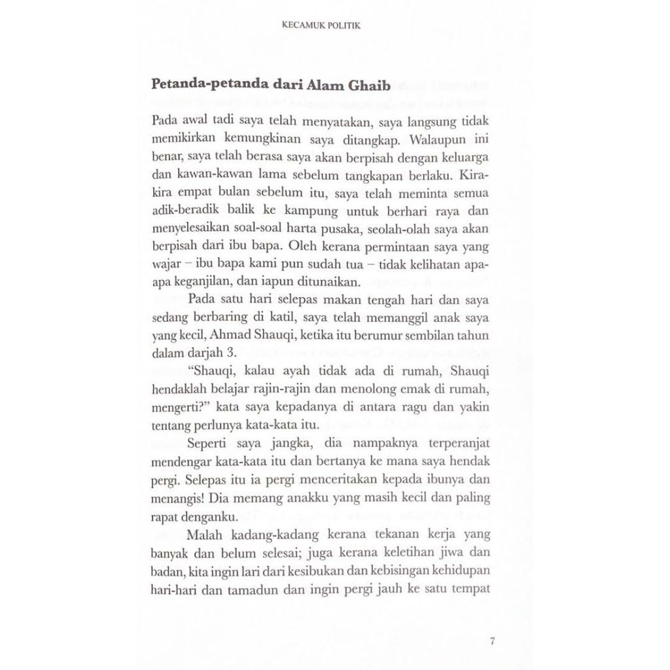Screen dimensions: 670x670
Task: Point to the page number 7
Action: (491, 640)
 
